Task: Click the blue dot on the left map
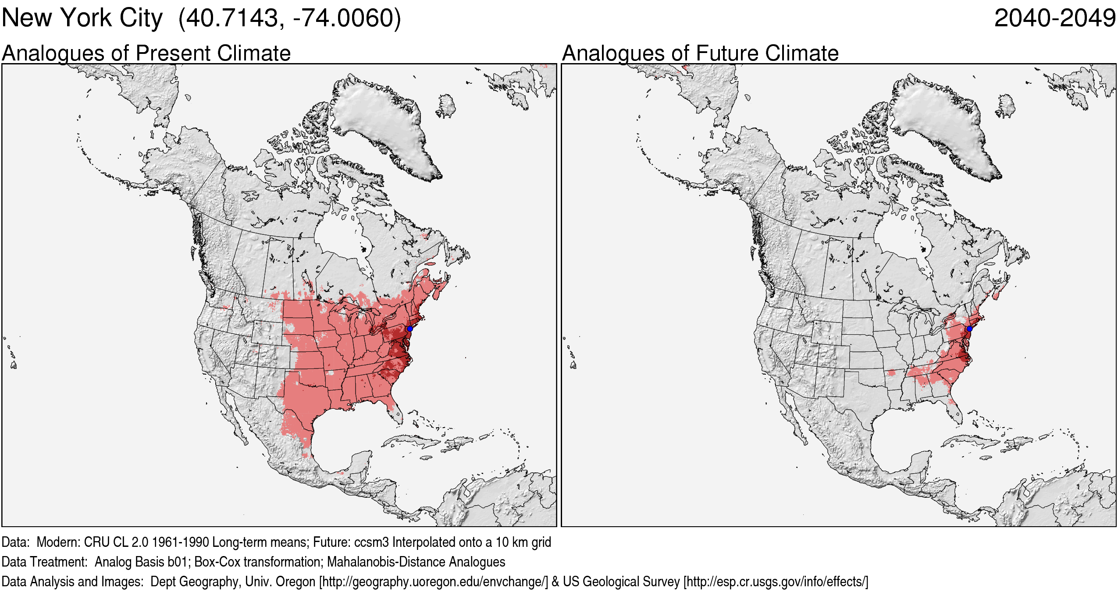(x=409, y=329)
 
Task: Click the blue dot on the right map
(x=969, y=329)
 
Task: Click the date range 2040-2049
(x=1054, y=18)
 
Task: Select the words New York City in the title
(x=82, y=18)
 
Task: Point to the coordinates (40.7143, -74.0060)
(x=290, y=18)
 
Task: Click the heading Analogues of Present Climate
(x=146, y=53)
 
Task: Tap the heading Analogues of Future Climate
(x=700, y=53)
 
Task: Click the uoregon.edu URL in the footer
(x=433, y=581)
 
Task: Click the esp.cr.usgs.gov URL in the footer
(x=775, y=581)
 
